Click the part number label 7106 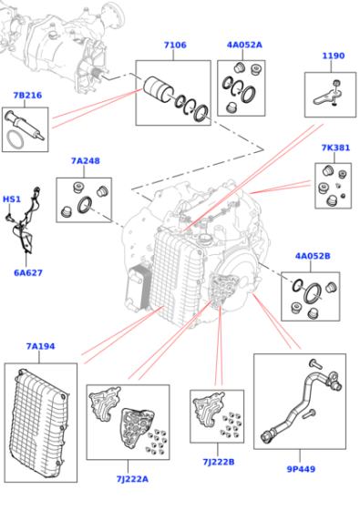pos(175,45)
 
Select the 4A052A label pos(244,45)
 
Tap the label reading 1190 pos(333,56)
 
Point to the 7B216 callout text pos(27,96)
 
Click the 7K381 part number pos(335,148)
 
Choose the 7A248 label pos(86,161)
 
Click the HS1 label pos(12,199)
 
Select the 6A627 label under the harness pos(28,272)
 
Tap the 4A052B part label pos(313,256)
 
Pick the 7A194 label pos(40,346)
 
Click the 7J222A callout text pos(132,479)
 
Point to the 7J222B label pos(219,462)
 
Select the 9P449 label pos(301,469)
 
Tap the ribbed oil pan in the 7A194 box pos(40,422)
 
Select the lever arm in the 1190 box pos(325,97)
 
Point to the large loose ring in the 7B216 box pos(15,140)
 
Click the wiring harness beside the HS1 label pos(24,220)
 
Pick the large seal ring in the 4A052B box pos(312,292)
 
